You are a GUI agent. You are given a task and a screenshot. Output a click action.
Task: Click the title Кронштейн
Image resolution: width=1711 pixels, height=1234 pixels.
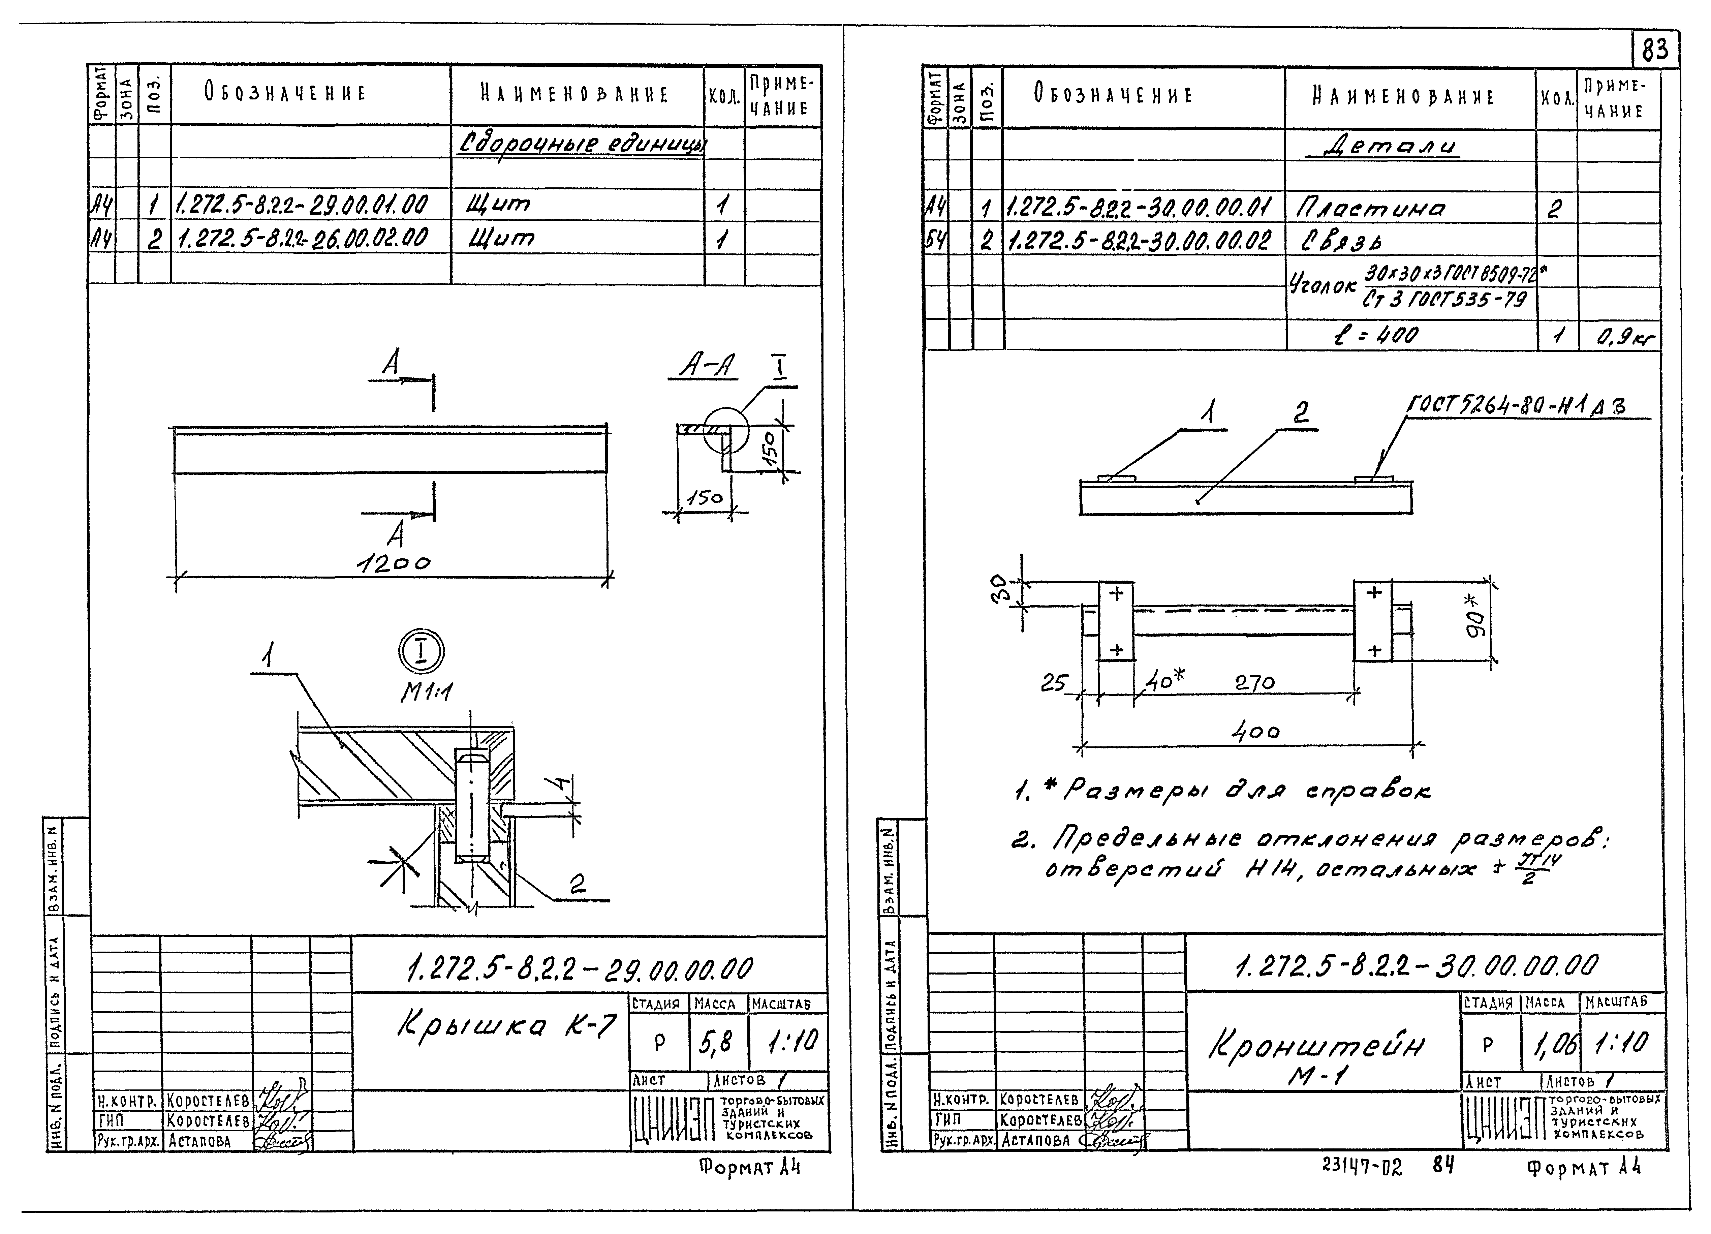[1316, 1046]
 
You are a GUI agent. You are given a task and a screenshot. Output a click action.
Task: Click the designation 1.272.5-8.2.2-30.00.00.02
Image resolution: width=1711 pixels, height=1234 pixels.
[1139, 241]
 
